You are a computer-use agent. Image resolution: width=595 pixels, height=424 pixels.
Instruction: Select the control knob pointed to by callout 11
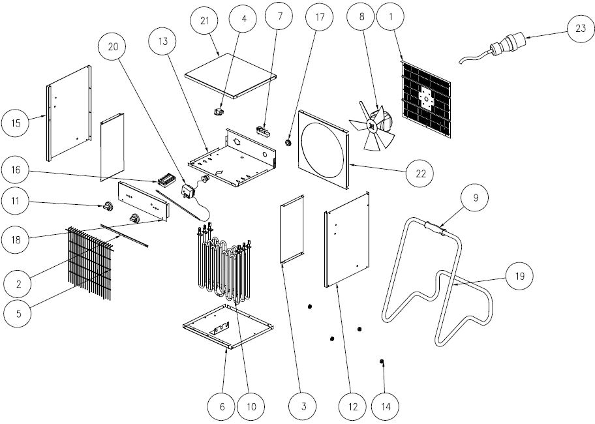click(104, 207)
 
